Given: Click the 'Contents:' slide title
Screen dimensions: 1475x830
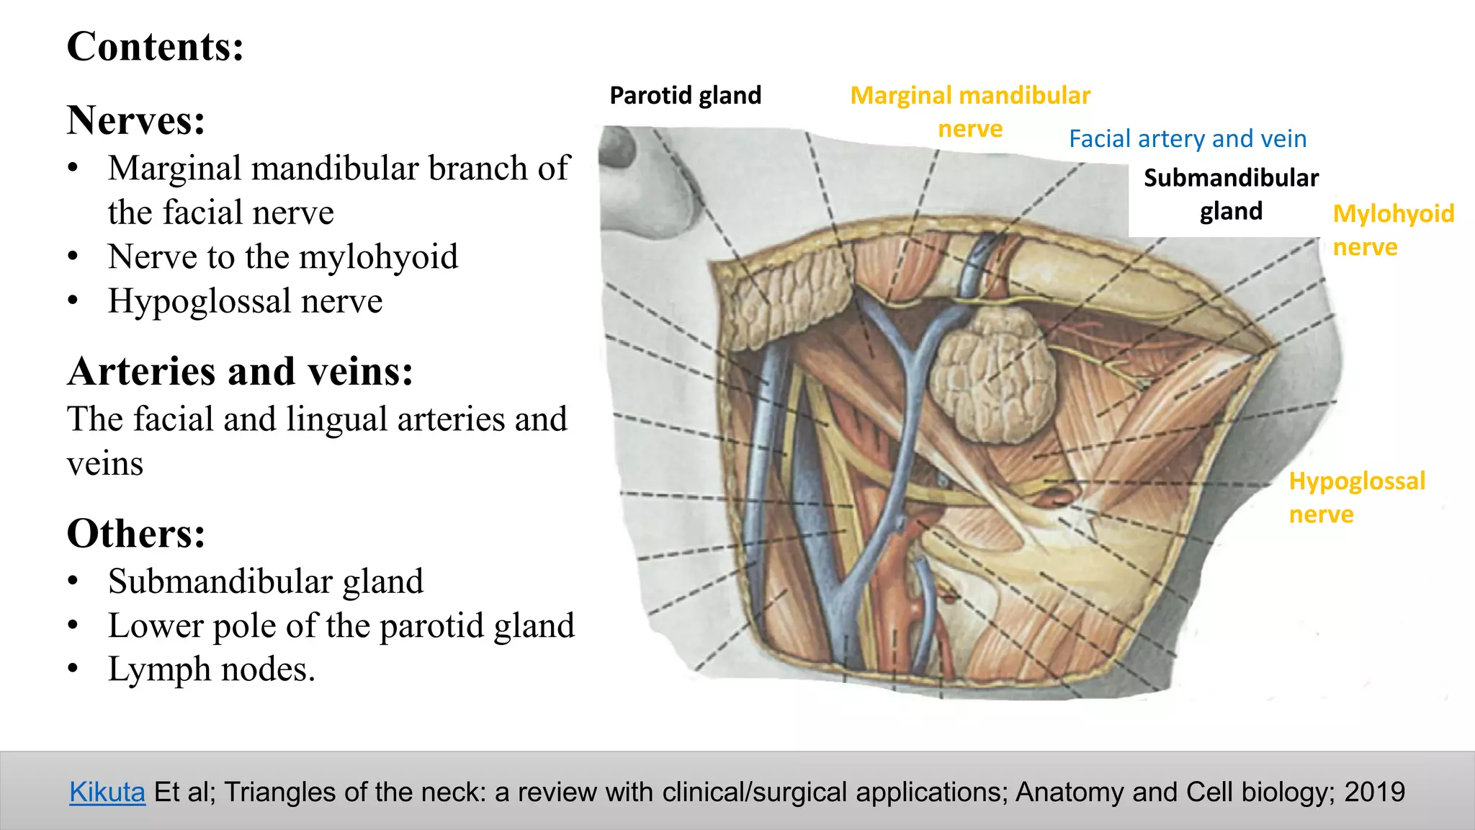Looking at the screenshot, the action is tap(156, 47).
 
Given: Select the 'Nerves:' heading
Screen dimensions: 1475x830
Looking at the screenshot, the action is tap(136, 120).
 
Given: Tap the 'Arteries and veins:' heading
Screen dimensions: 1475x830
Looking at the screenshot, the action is tap(241, 371).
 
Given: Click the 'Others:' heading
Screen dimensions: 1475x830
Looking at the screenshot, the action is tap(136, 533).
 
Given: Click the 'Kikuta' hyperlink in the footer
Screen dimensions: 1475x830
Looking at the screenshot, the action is tap(107, 792).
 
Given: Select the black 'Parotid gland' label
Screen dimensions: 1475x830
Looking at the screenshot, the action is tap(685, 95).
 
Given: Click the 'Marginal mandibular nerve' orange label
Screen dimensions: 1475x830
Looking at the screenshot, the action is tap(970, 112).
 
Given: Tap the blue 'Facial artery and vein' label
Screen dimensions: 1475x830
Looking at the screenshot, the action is tap(1188, 138).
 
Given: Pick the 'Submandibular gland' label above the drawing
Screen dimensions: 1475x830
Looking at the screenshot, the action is tap(1231, 194).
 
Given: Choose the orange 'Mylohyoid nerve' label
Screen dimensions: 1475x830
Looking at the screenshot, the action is tap(1393, 230).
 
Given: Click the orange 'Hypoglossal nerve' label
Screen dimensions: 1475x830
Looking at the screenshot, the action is tap(1357, 497).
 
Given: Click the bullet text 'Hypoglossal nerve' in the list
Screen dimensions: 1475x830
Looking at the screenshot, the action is tap(245, 300).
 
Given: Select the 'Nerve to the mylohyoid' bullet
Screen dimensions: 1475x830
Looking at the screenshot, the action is tap(283, 256).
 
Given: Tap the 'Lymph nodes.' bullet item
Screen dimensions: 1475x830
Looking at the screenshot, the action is tap(212, 669).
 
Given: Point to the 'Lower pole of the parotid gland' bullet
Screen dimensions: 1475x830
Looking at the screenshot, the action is tap(341, 625).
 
